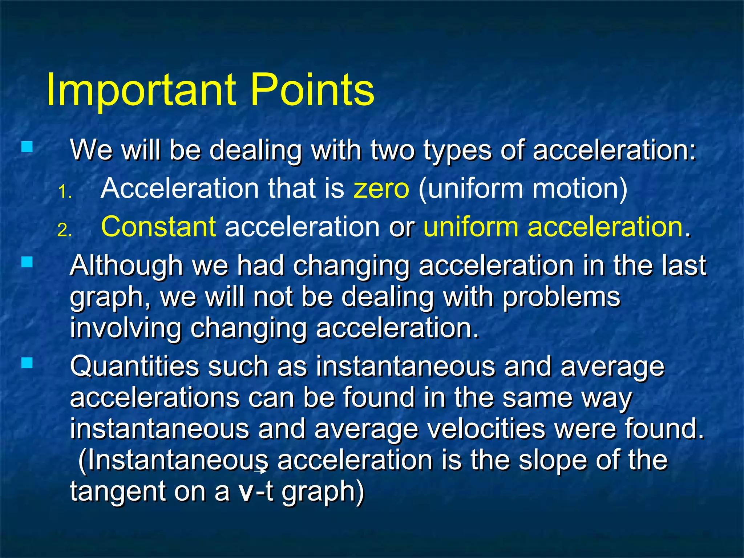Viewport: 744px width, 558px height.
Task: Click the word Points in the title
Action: [x=312, y=90]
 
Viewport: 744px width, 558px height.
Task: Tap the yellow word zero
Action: [x=381, y=189]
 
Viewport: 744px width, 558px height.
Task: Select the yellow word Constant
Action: [x=158, y=227]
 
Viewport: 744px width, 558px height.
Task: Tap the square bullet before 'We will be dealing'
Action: [x=27, y=147]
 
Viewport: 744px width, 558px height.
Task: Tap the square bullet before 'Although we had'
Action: [x=27, y=262]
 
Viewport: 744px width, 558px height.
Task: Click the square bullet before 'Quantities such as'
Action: [x=27, y=363]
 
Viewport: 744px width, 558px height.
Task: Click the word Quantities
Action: [x=134, y=366]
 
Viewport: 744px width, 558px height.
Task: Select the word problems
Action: [x=562, y=297]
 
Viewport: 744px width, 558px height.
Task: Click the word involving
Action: [x=125, y=328]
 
